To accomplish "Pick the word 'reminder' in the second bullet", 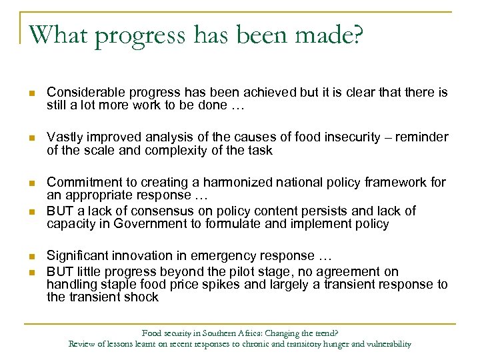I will tap(423, 137).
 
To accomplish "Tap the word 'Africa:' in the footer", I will tap(242, 333).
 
